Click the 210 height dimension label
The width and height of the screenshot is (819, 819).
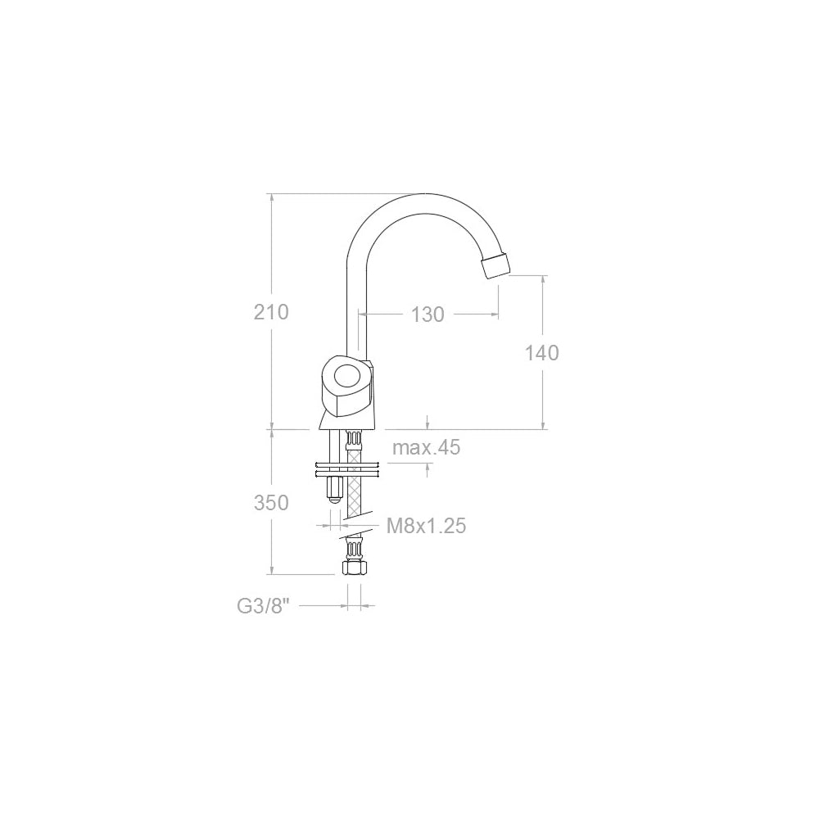[271, 312]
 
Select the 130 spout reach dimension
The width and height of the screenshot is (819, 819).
[428, 314]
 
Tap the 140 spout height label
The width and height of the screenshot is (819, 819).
[541, 353]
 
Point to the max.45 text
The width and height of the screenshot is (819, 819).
[426, 448]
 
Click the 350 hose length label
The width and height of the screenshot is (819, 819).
[271, 503]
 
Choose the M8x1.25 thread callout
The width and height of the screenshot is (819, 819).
[426, 526]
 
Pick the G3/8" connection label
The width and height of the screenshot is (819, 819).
[263, 606]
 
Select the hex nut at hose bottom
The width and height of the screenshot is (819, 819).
[352, 568]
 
